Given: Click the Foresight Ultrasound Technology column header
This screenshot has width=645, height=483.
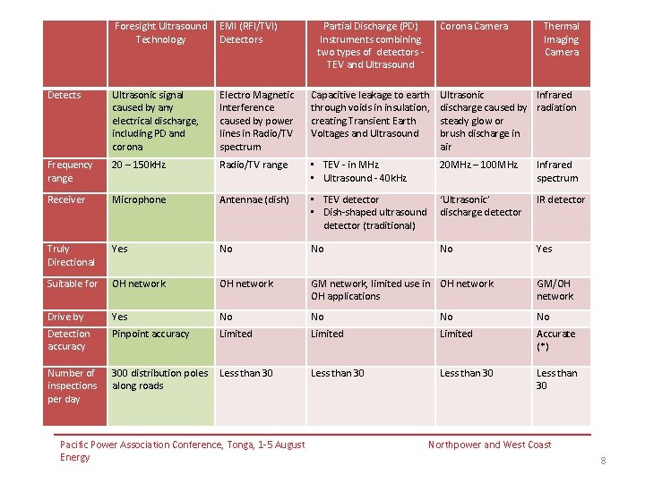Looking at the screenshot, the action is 161,33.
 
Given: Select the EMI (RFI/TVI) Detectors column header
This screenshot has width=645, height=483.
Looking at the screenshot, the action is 248,33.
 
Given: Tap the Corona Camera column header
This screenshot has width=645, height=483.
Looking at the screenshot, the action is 474,26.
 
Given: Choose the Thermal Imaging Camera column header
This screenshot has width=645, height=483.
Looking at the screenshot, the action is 562,39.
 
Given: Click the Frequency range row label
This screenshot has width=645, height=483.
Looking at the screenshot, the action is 70,171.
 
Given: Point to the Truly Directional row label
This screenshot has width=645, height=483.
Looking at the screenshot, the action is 71,256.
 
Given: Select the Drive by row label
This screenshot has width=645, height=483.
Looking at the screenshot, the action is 65,317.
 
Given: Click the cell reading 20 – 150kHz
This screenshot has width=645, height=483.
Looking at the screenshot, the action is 139,165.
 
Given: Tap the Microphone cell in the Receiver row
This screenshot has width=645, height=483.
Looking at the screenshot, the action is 139,200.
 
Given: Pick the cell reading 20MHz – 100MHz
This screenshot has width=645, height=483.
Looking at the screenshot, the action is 478,165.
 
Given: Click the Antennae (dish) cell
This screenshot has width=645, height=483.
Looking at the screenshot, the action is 254,200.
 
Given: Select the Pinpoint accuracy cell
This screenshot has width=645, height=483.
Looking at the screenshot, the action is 150,334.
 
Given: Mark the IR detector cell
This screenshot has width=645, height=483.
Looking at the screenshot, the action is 561,200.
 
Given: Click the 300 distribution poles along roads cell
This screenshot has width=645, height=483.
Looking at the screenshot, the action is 160,379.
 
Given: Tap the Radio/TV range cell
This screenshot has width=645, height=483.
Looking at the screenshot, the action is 254,165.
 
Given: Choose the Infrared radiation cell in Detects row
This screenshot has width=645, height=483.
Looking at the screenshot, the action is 556,101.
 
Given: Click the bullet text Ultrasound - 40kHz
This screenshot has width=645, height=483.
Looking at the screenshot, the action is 365,178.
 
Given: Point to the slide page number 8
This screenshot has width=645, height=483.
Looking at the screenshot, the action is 603,461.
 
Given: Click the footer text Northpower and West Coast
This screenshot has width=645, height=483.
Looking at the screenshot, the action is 489,445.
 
